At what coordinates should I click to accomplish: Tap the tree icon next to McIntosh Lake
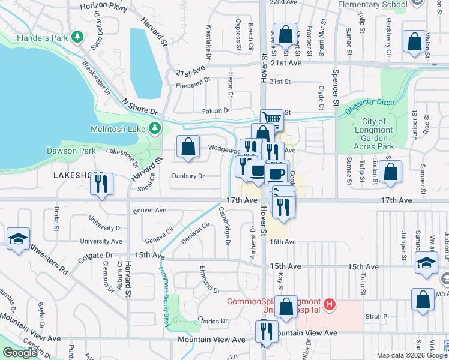coord(155,128)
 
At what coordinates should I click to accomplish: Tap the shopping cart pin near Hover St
coord(271,119)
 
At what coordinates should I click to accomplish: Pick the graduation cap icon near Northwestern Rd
coord(19,238)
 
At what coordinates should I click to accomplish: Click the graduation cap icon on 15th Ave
coord(426,264)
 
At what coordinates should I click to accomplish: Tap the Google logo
coord(20,353)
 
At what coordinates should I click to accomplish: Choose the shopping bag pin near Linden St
coord(390,171)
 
